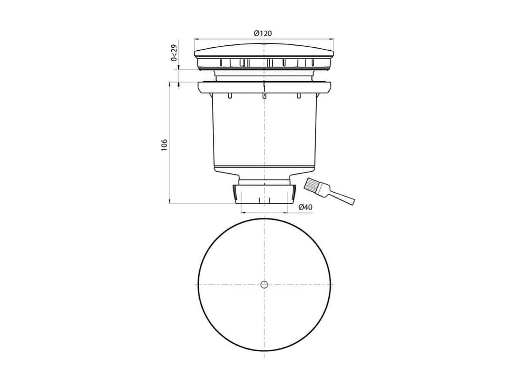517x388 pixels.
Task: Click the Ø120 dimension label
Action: (x=263, y=33)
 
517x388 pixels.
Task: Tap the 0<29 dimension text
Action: (x=173, y=54)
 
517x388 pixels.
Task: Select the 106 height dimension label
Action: (x=164, y=145)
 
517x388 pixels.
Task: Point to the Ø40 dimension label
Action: (x=305, y=207)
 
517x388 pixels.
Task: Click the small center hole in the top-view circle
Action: (x=264, y=284)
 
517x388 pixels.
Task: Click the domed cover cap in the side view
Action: (x=264, y=49)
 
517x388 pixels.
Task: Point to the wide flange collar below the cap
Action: (x=264, y=87)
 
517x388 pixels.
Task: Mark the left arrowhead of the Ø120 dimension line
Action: (x=196, y=39)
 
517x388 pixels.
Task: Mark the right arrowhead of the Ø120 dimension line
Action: (x=332, y=39)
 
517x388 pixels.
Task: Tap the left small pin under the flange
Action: (x=230, y=96)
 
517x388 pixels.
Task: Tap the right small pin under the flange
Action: (x=299, y=96)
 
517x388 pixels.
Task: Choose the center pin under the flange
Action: (x=264, y=96)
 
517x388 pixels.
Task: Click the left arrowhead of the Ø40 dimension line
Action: (x=242, y=213)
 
